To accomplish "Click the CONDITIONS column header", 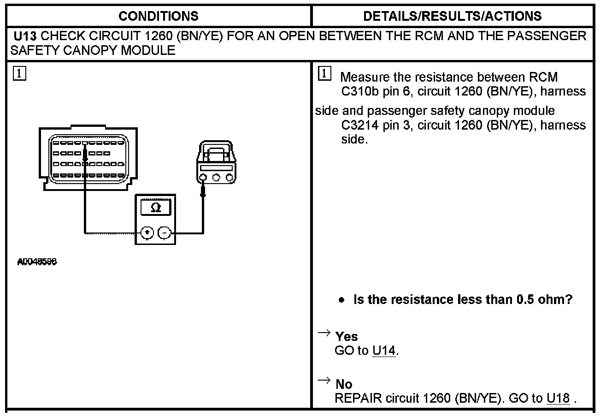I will [158, 16].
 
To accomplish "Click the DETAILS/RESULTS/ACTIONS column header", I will [452, 16].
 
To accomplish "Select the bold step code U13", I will [25, 36].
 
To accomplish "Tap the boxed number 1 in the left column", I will [20, 73].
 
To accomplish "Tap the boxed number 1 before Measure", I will [324, 73].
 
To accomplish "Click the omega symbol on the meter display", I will [156, 207].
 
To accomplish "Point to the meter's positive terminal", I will [147, 233].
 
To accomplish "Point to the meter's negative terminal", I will [164, 233].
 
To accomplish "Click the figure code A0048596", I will [37, 262].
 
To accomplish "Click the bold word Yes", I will [347, 336].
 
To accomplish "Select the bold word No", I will [344, 384].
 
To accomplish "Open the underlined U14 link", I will [384, 351].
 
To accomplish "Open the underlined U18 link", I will [558, 398].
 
